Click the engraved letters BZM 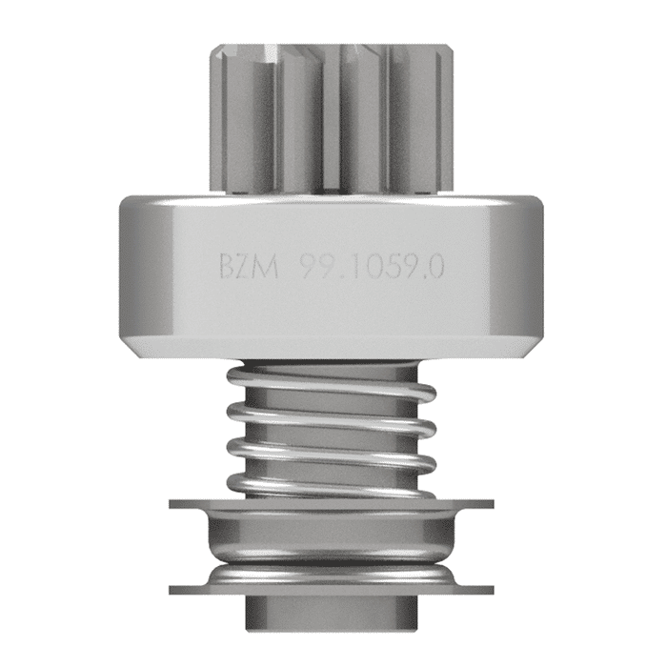[249, 268]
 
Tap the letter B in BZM [230, 268]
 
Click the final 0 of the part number [435, 268]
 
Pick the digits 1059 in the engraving [377, 268]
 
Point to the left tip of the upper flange [172, 502]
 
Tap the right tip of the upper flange [492, 502]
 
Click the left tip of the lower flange [172, 584]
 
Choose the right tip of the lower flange [492, 584]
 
